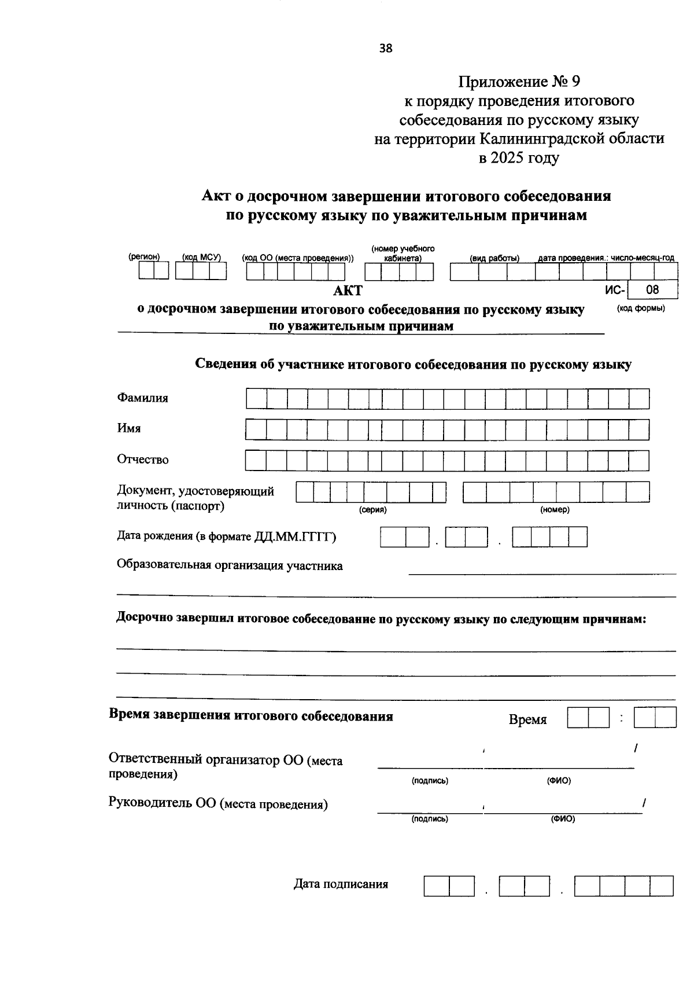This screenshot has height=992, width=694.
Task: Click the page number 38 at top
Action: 386,49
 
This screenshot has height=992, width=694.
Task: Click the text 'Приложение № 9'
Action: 519,82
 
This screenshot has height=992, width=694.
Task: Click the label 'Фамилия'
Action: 143,398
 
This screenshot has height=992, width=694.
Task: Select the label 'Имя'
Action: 129,428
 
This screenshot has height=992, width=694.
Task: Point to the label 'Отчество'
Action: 143,460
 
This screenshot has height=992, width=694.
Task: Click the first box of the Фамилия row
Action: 256,399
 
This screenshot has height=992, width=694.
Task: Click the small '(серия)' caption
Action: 372,510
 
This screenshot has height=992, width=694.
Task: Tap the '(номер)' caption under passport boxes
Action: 555,510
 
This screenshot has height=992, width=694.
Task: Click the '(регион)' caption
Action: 144,257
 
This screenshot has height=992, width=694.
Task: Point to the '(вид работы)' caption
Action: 494,258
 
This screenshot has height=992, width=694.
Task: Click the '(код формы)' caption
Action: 641,308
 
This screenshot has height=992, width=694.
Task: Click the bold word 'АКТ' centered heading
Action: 348,291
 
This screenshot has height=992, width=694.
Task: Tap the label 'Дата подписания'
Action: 341,884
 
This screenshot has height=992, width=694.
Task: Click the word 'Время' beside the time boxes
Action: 527,720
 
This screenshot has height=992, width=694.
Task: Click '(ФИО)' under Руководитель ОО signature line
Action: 563,819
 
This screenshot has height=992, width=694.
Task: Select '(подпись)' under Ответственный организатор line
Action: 430,781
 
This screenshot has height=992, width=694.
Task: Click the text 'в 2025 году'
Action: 519,158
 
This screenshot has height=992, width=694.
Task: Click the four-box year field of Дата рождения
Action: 550,537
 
